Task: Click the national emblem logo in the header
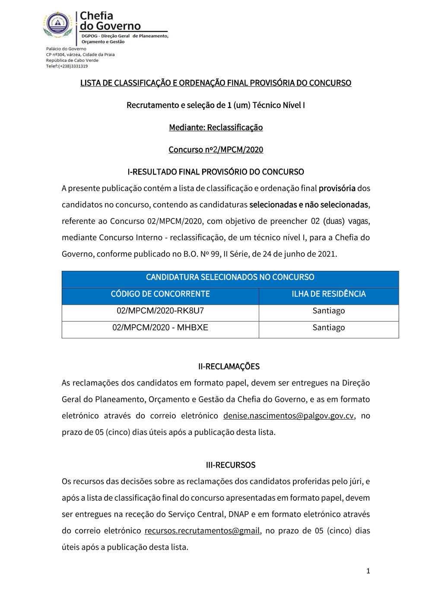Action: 57,24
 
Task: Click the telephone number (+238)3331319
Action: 73,66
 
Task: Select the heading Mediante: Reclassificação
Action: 216,127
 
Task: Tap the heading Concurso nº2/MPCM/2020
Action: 216,150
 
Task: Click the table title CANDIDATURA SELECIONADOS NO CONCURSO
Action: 230,277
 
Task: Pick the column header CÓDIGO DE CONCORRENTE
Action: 160,294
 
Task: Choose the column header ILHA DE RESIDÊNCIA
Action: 328,294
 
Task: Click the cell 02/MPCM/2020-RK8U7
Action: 160,311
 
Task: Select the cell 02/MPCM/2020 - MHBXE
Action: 160,328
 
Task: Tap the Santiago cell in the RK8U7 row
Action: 328,311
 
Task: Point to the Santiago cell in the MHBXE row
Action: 328,328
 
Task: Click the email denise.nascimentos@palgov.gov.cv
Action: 288,416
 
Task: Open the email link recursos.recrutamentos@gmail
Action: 202,531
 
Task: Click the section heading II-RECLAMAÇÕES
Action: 229,366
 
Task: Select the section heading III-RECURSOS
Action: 231,465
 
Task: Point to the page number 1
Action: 368,571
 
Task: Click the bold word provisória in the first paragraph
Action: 337,188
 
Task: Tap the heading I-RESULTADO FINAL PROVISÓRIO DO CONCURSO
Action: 216,172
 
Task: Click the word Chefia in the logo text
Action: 96,16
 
